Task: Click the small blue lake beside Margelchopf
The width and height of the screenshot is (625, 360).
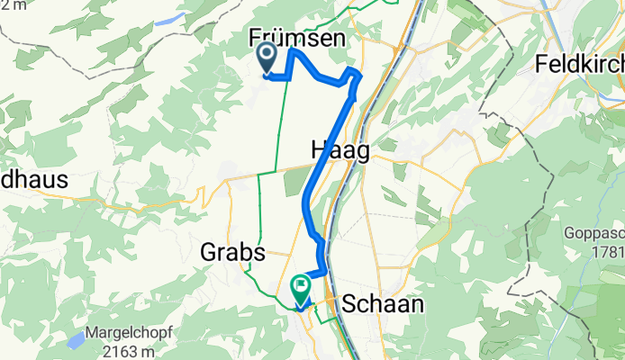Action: coord(71,340)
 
